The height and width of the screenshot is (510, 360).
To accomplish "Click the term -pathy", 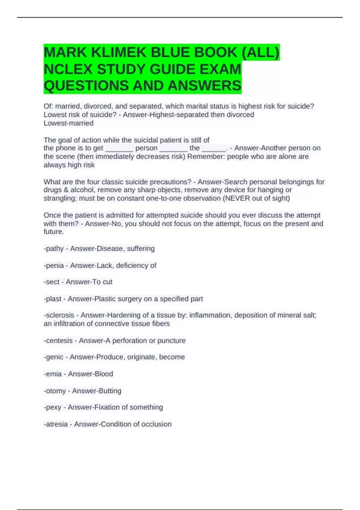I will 54,249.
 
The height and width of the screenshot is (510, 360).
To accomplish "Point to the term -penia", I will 54,265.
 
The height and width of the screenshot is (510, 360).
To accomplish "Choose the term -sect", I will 52,282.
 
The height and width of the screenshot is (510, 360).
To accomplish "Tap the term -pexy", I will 52,407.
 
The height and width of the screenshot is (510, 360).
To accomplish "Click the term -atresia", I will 56,424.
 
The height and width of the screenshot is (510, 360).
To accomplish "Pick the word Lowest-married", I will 68,123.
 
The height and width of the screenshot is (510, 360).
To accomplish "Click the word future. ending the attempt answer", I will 54,232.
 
